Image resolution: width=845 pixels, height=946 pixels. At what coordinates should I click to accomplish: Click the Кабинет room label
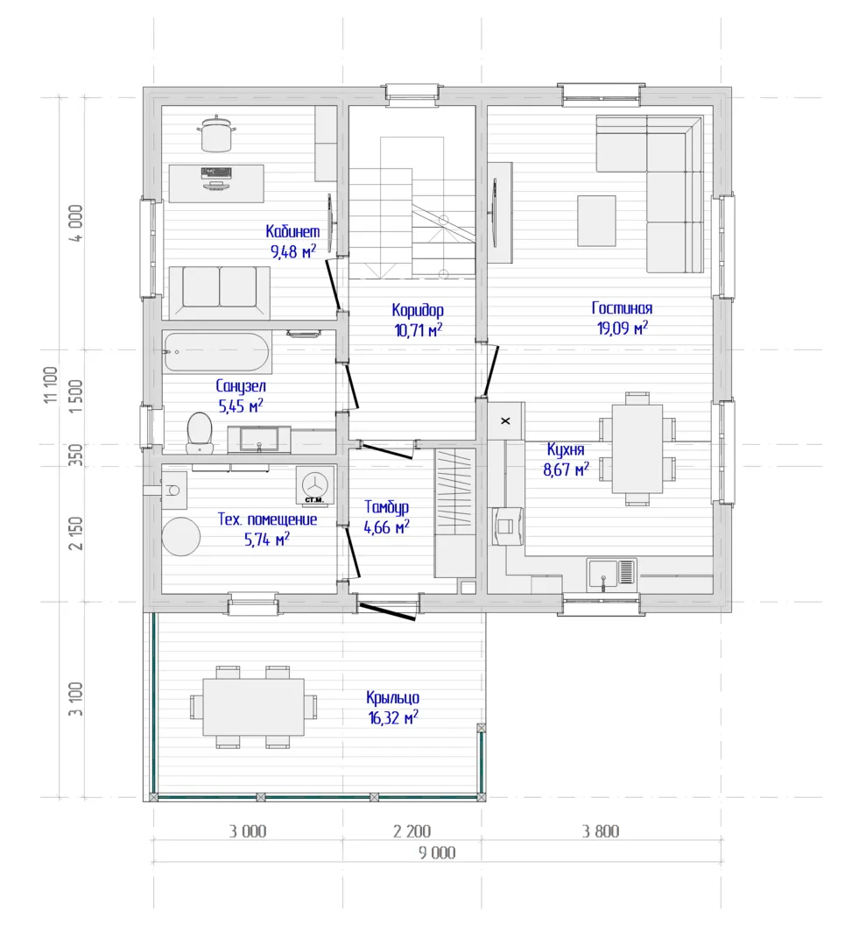[x=292, y=231]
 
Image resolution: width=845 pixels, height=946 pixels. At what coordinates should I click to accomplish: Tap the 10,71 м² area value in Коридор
[x=418, y=330]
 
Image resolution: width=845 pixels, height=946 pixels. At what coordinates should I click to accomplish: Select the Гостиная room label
[x=622, y=307]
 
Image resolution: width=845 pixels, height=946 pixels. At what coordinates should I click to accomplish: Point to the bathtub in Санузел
[x=216, y=352]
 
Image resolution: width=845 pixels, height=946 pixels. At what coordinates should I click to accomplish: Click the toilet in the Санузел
[x=200, y=432]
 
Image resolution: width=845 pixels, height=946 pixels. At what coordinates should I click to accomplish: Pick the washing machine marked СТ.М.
[x=314, y=484]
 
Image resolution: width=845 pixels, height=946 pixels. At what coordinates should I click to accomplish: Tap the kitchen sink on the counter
[x=611, y=572]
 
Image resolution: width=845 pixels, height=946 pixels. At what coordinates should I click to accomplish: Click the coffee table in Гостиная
[x=596, y=221]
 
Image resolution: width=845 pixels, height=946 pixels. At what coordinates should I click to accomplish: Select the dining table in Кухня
[x=637, y=448]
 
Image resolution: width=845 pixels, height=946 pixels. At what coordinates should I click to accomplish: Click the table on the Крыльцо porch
[x=253, y=707]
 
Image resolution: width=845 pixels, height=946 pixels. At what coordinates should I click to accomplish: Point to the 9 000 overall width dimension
[x=437, y=852]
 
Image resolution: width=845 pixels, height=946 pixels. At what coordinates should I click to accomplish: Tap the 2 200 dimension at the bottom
[x=412, y=831]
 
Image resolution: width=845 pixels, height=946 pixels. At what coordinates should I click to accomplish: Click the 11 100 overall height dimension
[x=52, y=385]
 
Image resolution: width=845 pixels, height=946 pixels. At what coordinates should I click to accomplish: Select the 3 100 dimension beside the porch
[x=75, y=699]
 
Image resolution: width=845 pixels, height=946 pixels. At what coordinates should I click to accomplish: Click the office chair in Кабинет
[x=216, y=133]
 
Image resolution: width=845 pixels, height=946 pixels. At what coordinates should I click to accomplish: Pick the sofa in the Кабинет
[x=220, y=292]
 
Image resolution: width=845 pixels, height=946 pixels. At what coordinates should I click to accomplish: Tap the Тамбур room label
[x=387, y=507]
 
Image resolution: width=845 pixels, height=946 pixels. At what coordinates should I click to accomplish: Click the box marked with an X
[x=505, y=420]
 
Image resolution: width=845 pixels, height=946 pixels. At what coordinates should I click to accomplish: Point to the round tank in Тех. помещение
[x=181, y=536]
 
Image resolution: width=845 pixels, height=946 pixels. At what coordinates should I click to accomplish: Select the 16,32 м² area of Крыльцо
[x=393, y=717]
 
